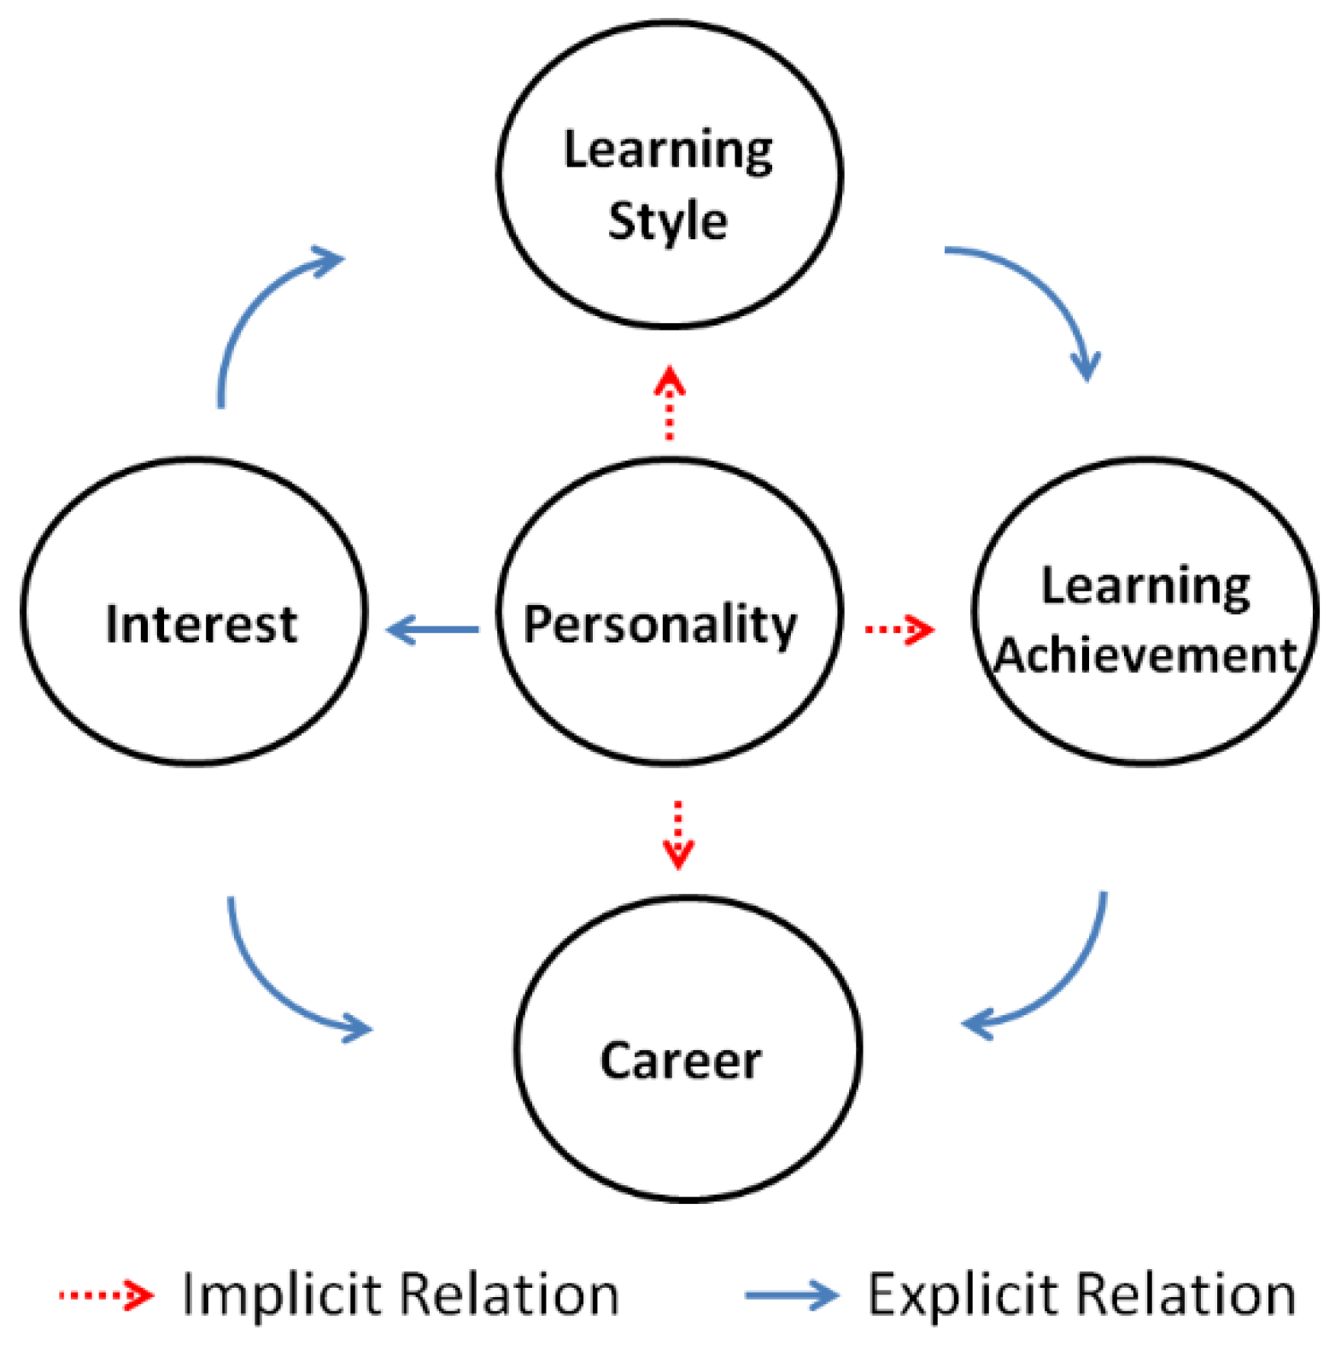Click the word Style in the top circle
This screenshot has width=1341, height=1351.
tap(667, 220)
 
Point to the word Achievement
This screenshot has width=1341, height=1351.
tap(1145, 656)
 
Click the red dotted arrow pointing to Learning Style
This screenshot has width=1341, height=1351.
tap(670, 402)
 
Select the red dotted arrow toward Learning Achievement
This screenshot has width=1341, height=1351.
tap(899, 630)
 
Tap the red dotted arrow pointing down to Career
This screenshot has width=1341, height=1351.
tap(678, 834)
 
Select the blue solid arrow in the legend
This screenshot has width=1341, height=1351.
tap(791, 1295)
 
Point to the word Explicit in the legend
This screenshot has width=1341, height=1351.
tap(962, 1295)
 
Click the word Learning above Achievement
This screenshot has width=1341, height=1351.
tap(1145, 586)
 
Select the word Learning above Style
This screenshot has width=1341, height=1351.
tap(668, 150)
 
